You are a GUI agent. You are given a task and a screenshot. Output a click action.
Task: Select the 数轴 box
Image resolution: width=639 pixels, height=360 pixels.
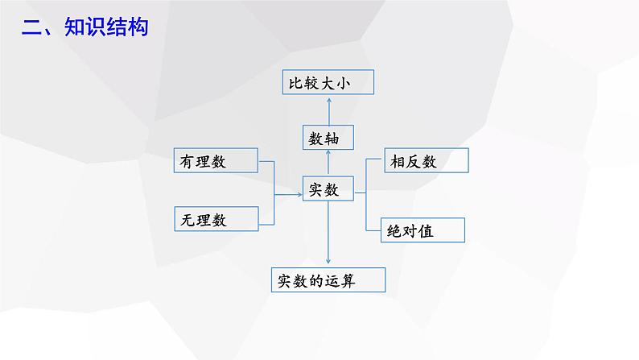[328, 138]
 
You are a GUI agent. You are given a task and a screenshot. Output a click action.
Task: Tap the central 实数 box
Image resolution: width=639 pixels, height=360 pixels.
[328, 190]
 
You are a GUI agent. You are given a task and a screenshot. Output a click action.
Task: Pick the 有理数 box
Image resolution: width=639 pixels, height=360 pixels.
[216, 161]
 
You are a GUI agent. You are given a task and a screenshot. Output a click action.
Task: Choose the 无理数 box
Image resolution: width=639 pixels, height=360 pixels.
[216, 218]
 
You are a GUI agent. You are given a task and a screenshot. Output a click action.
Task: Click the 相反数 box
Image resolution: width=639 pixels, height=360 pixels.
[425, 161]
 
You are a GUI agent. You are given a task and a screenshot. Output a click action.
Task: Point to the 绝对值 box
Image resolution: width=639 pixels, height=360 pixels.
[424, 231]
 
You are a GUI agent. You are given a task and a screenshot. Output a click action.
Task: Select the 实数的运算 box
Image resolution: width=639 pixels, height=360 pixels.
[327, 281]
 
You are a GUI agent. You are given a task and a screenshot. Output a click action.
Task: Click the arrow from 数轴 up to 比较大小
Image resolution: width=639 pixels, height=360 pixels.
[329, 107]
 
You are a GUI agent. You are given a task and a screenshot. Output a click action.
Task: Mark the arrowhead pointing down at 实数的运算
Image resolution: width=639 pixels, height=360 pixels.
[329, 259]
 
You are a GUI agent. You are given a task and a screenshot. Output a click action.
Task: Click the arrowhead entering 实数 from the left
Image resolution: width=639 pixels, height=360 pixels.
[299, 193]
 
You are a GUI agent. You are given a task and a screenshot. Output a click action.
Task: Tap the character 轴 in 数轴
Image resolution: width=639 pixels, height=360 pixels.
[339, 139]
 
